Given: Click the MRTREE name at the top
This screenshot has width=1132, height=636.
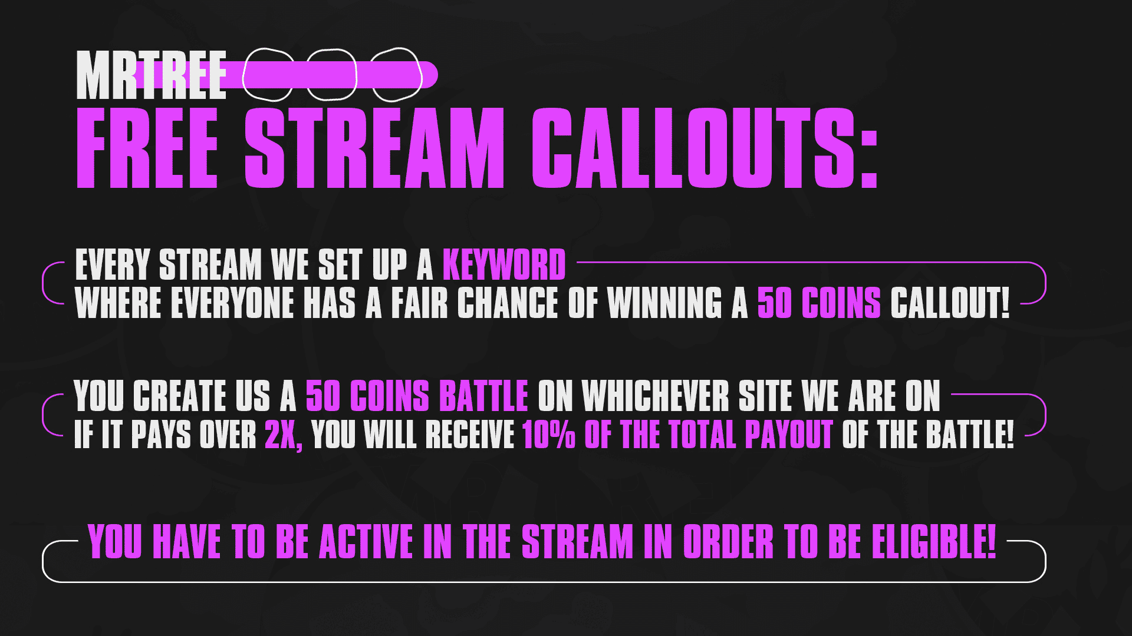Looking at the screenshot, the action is pyautogui.click(x=152, y=75).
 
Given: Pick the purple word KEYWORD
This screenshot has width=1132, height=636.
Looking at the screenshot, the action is pyautogui.click(x=504, y=264).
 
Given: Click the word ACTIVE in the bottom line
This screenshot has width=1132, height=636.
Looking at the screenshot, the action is pyautogui.click(x=366, y=541).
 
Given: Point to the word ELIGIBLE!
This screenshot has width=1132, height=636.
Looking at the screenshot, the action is pyautogui.click(x=934, y=541).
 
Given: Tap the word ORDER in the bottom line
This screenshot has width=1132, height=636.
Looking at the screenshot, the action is pyautogui.click(x=728, y=541).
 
